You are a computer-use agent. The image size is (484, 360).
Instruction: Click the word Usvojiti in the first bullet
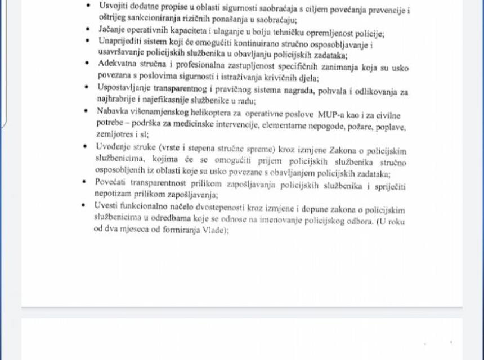click(112, 6)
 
